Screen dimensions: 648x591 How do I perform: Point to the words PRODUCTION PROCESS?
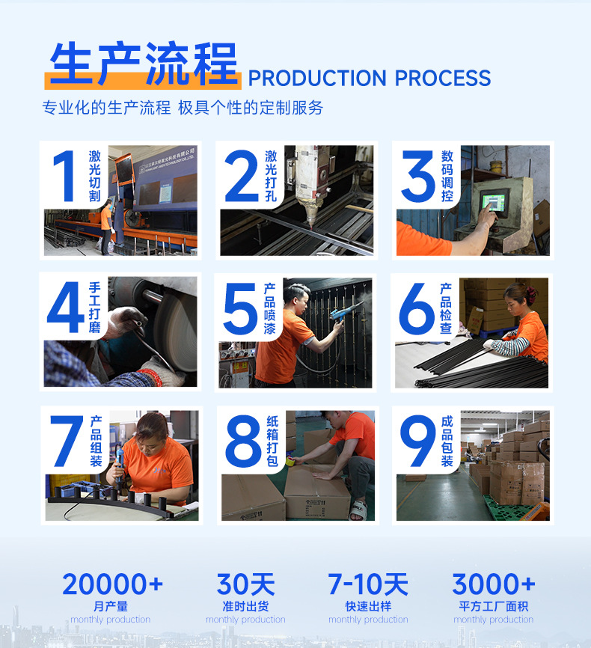(369, 78)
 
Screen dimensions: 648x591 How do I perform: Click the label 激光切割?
(94, 177)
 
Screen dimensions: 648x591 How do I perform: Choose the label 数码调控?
(447, 177)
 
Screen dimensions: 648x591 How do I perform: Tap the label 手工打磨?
(94, 308)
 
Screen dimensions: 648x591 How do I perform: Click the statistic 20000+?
(112, 584)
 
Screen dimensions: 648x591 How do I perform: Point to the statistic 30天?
(245, 584)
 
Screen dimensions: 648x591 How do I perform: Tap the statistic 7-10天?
(368, 584)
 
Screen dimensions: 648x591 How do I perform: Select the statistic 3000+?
(494, 584)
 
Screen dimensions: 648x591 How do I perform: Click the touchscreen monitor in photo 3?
(494, 201)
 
